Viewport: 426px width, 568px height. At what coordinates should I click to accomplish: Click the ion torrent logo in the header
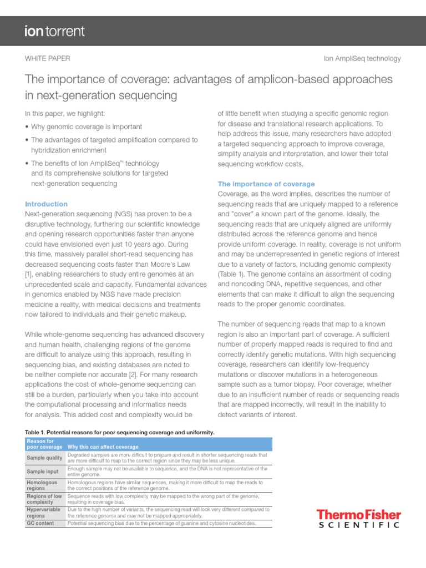tap(54, 31)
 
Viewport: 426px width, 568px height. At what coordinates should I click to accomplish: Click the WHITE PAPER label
tap(48, 58)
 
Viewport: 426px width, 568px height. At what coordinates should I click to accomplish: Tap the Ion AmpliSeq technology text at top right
tap(362, 58)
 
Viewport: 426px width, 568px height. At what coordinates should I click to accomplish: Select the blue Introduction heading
tap(47, 204)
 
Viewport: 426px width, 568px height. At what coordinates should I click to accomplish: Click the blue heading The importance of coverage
tap(266, 184)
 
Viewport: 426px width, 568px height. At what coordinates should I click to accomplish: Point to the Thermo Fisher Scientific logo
tap(358, 519)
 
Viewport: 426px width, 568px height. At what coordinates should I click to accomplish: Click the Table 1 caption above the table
tap(120, 432)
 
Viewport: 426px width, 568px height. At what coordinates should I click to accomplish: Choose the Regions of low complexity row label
tap(44, 499)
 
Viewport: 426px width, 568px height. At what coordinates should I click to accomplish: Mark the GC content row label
tap(40, 523)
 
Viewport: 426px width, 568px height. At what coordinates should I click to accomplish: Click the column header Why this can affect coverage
tap(103, 447)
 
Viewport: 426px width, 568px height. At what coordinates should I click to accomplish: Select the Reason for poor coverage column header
tap(44, 444)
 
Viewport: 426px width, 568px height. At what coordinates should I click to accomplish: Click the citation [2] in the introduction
tap(149, 364)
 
